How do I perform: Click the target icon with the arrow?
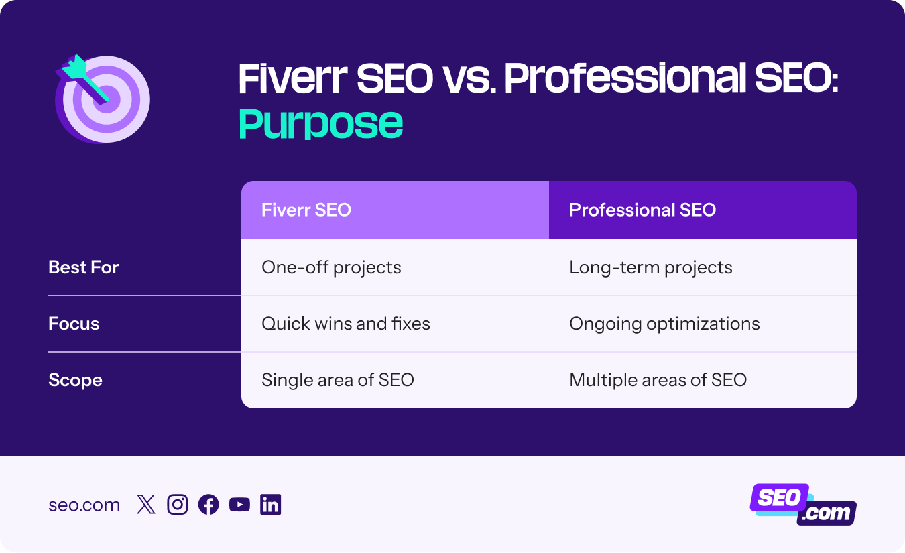[x=103, y=98]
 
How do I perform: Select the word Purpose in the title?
[x=320, y=123]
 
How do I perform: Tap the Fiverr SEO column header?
[x=306, y=210]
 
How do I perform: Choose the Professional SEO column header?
[x=642, y=210]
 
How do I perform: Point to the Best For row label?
[x=83, y=267]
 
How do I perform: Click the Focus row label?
[x=74, y=324]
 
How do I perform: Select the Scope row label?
[x=75, y=380]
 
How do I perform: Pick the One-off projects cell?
[x=331, y=267]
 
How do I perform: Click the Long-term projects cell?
[x=650, y=267]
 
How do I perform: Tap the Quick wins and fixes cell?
[x=345, y=324]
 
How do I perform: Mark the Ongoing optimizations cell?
[x=664, y=324]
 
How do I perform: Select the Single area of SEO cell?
[x=337, y=380]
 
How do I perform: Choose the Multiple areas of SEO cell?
[x=658, y=380]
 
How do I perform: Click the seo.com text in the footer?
[x=84, y=505]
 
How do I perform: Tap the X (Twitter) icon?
[x=145, y=505]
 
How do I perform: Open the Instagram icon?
[x=177, y=505]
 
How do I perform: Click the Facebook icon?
[x=208, y=505]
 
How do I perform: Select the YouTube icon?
[x=239, y=505]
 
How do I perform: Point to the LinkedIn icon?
[x=271, y=505]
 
